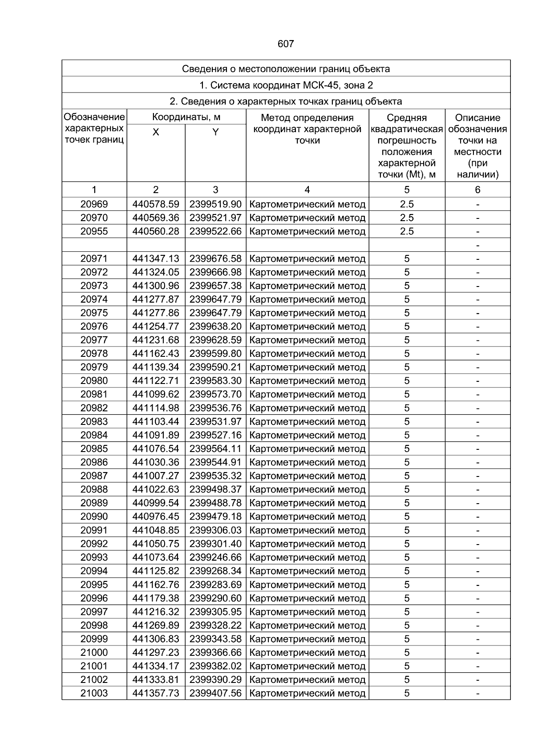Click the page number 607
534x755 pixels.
286,44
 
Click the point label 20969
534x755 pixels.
94,204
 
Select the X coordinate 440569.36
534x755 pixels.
156,218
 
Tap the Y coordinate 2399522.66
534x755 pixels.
215,231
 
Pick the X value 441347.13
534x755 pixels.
156,259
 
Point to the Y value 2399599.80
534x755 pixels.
215,354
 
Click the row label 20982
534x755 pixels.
94,408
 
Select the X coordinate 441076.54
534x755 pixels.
156,448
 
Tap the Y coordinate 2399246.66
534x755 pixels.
215,557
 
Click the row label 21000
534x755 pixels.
94,652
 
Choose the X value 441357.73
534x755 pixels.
156,693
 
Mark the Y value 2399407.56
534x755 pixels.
215,693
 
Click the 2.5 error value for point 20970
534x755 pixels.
407,218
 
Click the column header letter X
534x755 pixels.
156,132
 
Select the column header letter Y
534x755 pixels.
215,132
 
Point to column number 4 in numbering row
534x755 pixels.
307,190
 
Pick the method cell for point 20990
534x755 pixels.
307,517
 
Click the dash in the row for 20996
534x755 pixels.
477,598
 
